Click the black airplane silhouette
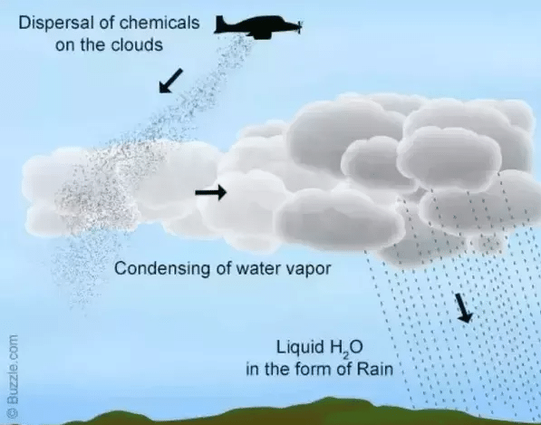point(258,27)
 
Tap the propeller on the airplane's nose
point(300,26)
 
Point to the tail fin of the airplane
point(220,23)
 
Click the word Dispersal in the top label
point(55,24)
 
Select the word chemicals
point(159,23)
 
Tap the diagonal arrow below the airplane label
point(170,81)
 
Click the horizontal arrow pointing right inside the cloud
point(211,192)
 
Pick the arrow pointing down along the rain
point(463,308)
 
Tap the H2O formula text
point(346,348)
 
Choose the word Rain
point(374,369)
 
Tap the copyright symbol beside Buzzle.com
point(13,412)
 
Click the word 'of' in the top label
point(106,24)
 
